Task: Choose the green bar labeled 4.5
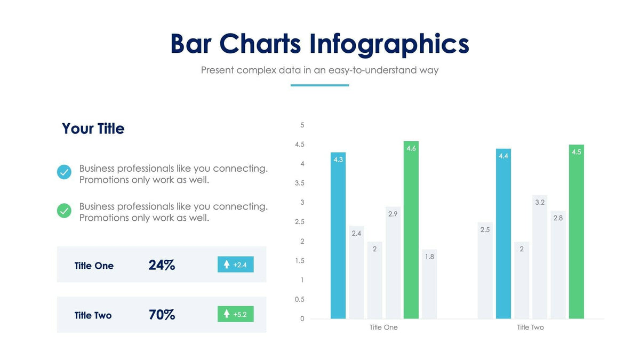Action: pyautogui.click(x=577, y=231)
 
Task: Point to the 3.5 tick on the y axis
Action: pyautogui.click(x=299, y=183)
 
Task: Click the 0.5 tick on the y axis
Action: pyautogui.click(x=299, y=300)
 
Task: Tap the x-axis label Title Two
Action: pyautogui.click(x=530, y=327)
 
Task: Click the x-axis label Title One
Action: pyautogui.click(x=383, y=327)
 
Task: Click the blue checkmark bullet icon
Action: pyautogui.click(x=64, y=172)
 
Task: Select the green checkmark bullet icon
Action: pyautogui.click(x=64, y=211)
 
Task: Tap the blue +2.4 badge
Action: pyautogui.click(x=235, y=265)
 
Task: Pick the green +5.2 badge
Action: pyautogui.click(x=235, y=314)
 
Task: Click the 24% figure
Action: pyautogui.click(x=162, y=265)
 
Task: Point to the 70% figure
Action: pyautogui.click(x=162, y=315)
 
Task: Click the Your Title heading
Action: pyautogui.click(x=93, y=129)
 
